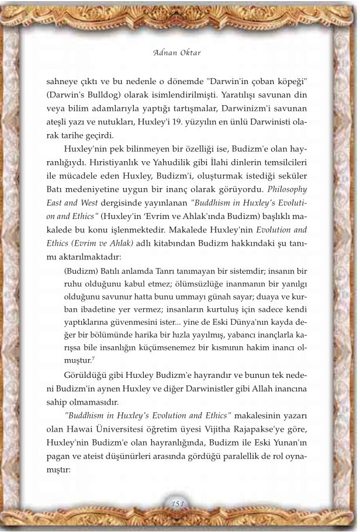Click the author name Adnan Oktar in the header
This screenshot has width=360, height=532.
click(180, 53)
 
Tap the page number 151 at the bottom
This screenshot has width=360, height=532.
click(179, 504)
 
